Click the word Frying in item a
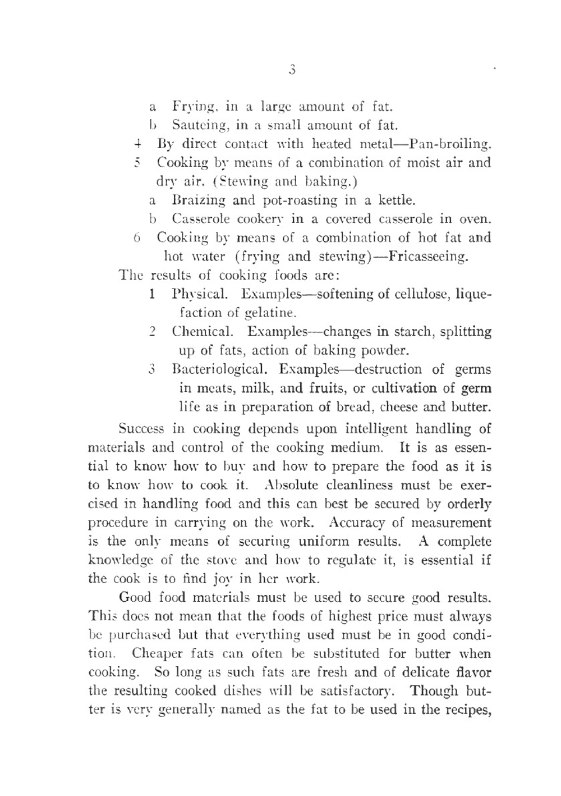(x=191, y=106)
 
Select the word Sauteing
(x=197, y=125)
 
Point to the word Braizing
(x=199, y=200)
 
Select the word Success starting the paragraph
(x=142, y=429)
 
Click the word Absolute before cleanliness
(x=291, y=485)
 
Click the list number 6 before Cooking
(x=137, y=238)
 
